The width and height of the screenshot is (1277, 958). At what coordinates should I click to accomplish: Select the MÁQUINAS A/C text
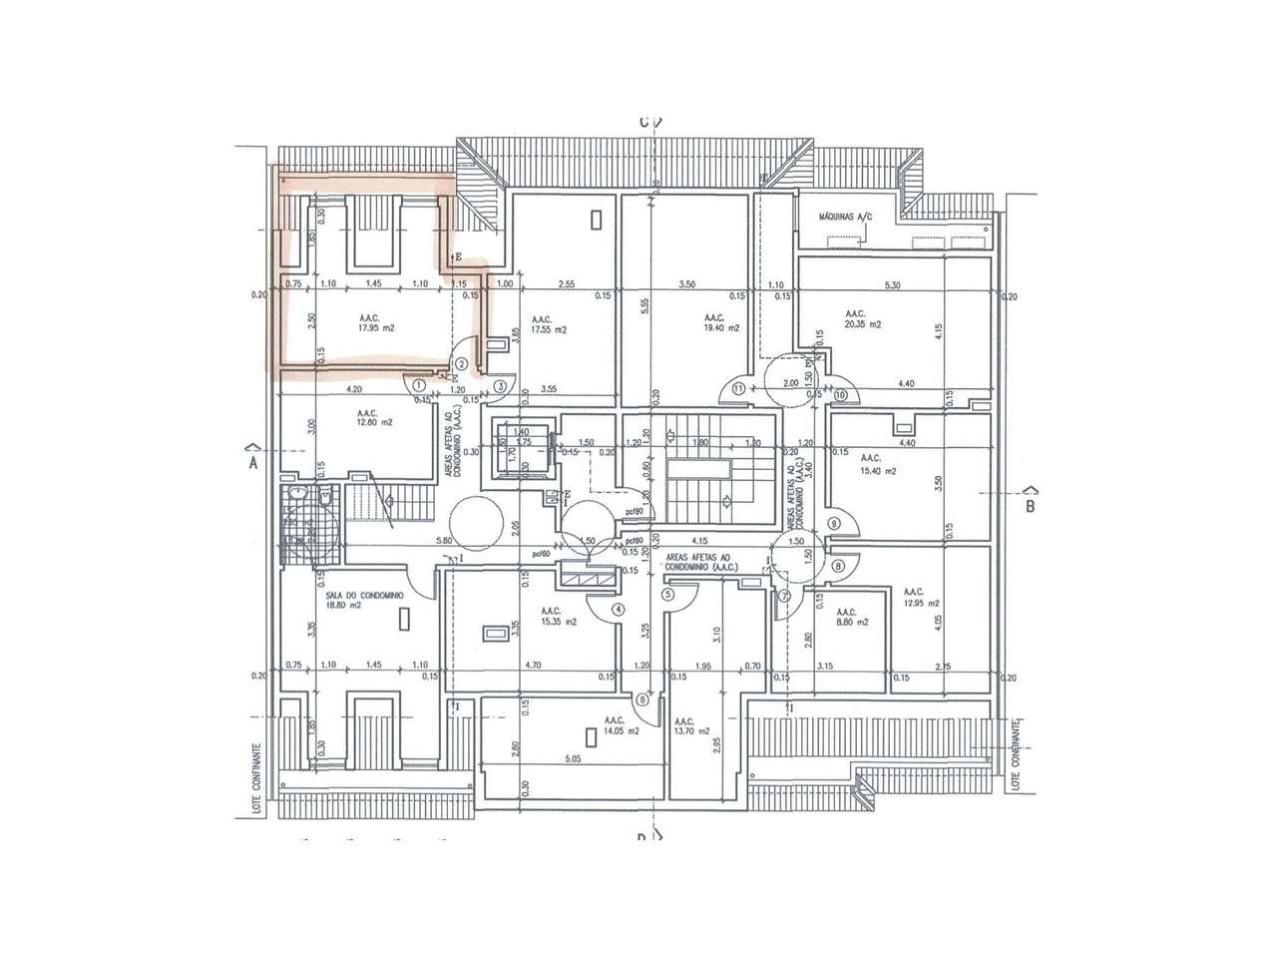click(x=846, y=217)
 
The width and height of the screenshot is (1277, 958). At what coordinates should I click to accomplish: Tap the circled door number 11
click(x=738, y=387)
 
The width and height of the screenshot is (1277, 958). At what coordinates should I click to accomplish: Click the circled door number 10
click(x=840, y=395)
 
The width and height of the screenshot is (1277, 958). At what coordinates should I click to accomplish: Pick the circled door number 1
click(x=419, y=383)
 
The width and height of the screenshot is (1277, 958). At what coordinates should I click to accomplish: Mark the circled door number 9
click(x=834, y=523)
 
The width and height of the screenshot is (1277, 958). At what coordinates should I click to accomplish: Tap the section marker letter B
click(x=1031, y=505)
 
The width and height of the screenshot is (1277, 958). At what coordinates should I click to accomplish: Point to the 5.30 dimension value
click(x=892, y=284)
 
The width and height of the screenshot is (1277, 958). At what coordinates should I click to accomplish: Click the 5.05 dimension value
click(x=573, y=757)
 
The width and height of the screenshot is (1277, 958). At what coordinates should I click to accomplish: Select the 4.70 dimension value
click(x=533, y=666)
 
